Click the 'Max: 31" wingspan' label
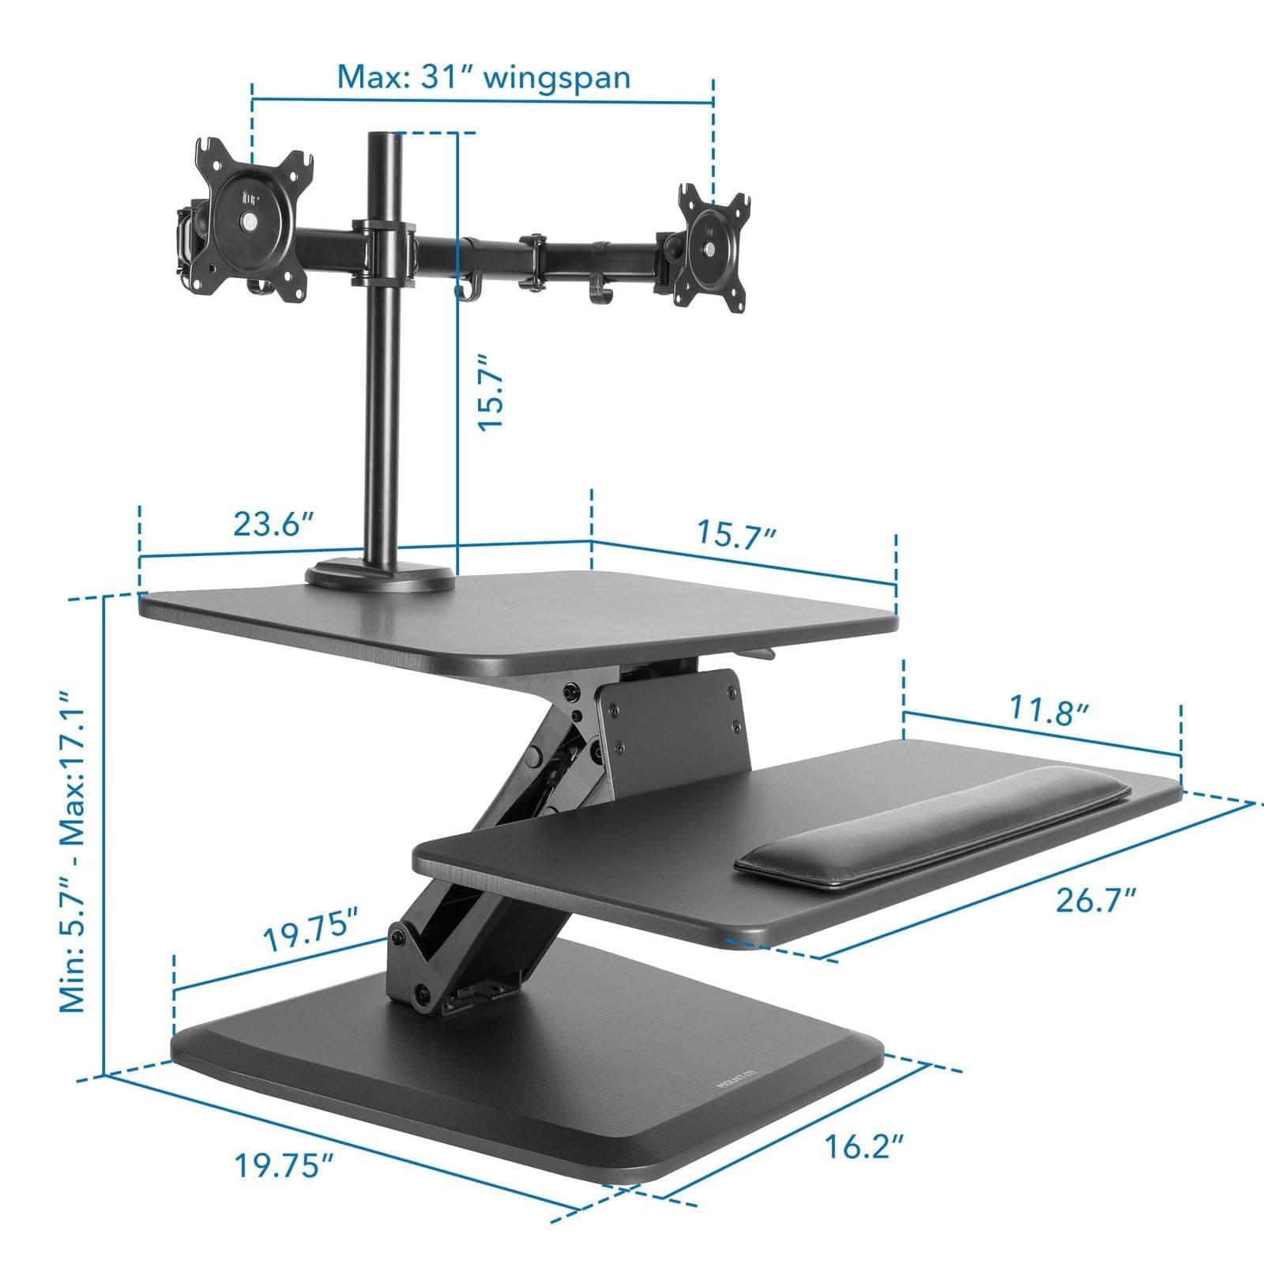coord(483,78)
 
